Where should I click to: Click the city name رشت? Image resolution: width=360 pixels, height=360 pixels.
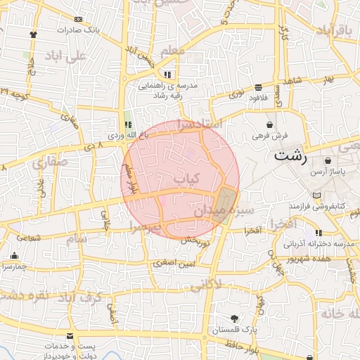coord(291,155)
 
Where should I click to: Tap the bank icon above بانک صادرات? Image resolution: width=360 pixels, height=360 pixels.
coord(77,19)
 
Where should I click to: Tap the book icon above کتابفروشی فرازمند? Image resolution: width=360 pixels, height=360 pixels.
coord(314,195)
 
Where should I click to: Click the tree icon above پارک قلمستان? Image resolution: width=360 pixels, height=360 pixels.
coord(234,319)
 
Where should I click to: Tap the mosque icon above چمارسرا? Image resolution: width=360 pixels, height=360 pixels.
coord(14,256)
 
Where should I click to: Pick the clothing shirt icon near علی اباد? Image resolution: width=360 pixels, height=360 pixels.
coord(33,33)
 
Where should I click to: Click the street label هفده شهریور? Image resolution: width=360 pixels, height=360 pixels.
coord(308,259)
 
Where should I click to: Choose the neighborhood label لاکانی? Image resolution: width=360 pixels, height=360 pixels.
coord(205,283)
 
